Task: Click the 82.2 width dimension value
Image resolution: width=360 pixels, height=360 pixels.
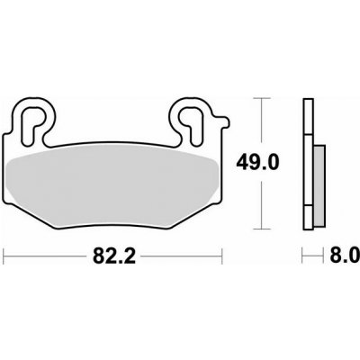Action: pos(114,256)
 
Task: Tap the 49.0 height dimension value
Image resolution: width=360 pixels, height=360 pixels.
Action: pos(257,162)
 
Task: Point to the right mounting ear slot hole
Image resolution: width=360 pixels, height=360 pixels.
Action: pos(191,122)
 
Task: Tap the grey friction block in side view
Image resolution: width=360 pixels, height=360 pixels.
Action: pos(319,185)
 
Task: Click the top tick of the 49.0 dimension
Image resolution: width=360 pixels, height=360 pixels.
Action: pos(262,98)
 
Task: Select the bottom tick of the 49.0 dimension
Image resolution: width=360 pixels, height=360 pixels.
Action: pos(262,229)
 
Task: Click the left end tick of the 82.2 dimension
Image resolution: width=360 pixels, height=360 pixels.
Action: pos(4,256)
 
